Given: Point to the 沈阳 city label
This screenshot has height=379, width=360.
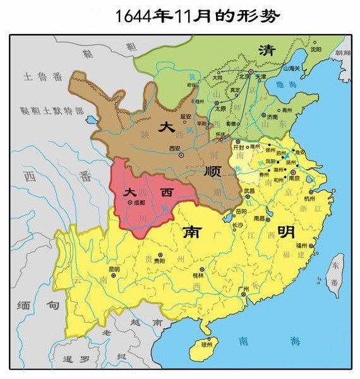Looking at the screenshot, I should coord(316,49).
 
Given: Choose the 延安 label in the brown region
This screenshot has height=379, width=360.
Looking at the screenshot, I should coord(186,116).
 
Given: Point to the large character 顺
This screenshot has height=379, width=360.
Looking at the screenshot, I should coord(213,171).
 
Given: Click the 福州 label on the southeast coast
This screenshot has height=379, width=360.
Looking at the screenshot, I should coord(301,244).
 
